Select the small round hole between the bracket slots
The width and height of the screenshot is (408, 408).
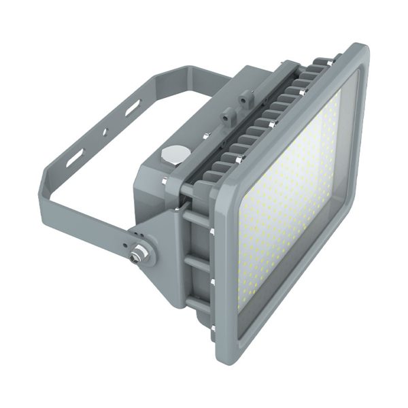tap(105, 131)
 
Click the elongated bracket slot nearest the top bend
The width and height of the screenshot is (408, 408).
tap(131, 107)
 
